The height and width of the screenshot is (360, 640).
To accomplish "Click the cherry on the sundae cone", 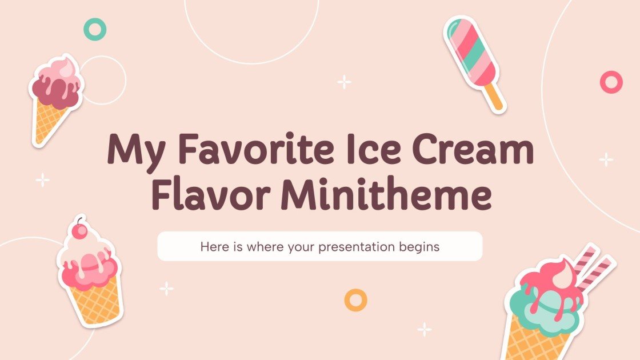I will tap(81, 230).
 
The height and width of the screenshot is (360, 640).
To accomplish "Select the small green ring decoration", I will tap(95, 29).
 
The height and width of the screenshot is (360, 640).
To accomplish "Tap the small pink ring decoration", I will tap(611, 82).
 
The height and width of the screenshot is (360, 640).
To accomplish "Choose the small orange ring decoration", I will tap(355, 299).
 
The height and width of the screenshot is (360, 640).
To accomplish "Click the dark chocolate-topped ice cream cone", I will tap(55, 97).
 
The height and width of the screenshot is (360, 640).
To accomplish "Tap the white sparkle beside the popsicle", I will tap(344, 82).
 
